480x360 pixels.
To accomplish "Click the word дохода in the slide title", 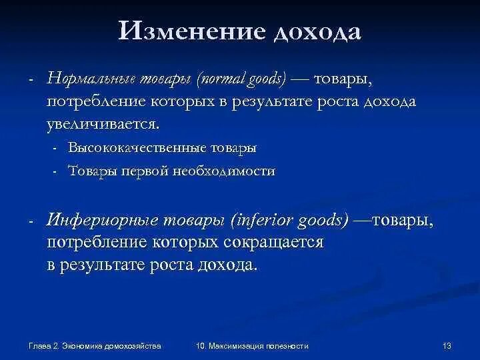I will pyautogui.click(x=315, y=31).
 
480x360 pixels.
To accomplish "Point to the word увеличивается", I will pyautogui.click(x=103, y=124).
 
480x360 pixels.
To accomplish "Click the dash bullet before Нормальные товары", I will pyautogui.click(x=31, y=81).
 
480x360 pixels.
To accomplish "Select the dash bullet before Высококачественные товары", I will pyautogui.click(x=55, y=148).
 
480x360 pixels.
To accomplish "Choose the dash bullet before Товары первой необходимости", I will pyautogui.click(x=55, y=171).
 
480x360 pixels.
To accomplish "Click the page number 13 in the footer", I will pyautogui.click(x=447, y=345).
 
